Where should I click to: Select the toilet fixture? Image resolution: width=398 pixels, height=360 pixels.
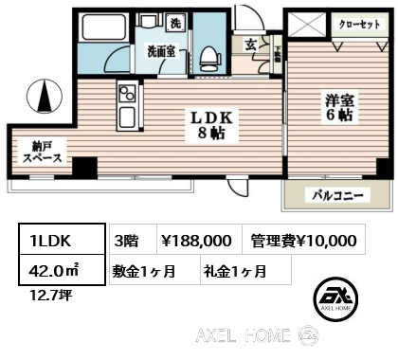[x=208, y=56]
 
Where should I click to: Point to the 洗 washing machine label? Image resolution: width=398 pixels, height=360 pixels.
[x=176, y=23]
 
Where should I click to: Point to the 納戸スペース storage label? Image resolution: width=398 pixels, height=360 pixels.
[x=43, y=153]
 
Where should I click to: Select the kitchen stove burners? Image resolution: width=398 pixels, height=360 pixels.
[x=126, y=94]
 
